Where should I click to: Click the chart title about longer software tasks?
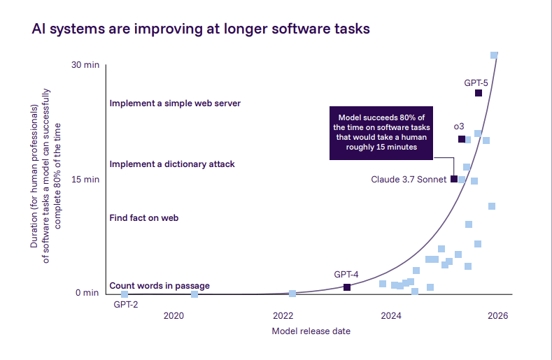click(x=201, y=29)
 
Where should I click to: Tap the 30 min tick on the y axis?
click(x=87, y=65)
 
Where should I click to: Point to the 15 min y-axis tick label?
click(x=87, y=180)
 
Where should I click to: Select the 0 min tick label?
click(x=87, y=293)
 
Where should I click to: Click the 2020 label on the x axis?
click(x=174, y=316)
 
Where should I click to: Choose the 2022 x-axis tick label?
click(x=283, y=316)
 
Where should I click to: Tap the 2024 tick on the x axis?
click(x=391, y=316)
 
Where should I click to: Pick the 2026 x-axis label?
click(x=497, y=316)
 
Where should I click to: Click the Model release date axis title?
click(x=311, y=331)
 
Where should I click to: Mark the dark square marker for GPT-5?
click(x=479, y=93)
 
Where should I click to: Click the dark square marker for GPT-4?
click(x=347, y=287)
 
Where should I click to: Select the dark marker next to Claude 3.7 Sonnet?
click(x=454, y=179)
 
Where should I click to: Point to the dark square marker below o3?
click(x=461, y=139)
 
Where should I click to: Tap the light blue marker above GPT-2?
click(x=125, y=294)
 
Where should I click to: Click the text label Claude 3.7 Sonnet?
click(x=409, y=180)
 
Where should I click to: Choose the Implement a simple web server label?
click(x=175, y=103)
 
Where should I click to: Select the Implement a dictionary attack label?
click(x=172, y=164)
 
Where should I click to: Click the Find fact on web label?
click(x=144, y=218)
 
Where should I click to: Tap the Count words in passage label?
click(x=160, y=286)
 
